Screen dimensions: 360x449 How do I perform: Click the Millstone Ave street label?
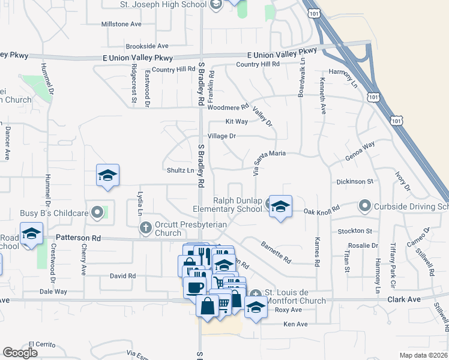point(121,24)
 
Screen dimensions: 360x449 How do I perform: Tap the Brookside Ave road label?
point(147,46)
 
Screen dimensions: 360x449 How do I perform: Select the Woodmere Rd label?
point(228,108)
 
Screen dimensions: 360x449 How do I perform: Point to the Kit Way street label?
point(237,122)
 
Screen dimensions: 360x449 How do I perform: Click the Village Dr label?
point(221,136)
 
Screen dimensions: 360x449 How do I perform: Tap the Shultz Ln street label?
point(181,170)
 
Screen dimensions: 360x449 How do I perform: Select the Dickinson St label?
point(355,181)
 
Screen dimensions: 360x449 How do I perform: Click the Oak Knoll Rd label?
point(322,211)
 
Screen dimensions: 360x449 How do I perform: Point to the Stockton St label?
point(355,231)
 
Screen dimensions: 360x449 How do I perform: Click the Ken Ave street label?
point(295,324)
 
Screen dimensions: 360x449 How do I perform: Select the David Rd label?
point(122,276)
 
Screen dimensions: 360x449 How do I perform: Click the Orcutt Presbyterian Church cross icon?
point(145,227)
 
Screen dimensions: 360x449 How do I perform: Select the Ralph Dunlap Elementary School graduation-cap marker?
point(280,206)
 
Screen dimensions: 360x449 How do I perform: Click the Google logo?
point(20,353)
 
